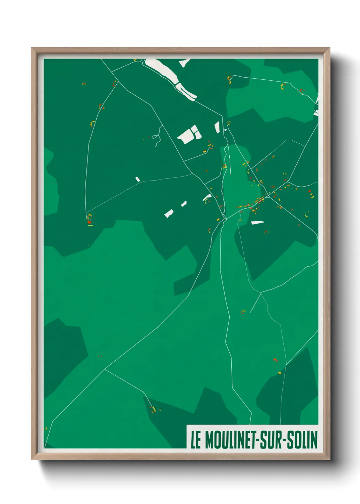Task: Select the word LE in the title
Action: pyautogui.click(x=196, y=440)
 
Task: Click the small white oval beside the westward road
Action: pyautogui.click(x=137, y=179)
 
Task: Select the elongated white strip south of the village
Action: pyautogui.click(x=258, y=223)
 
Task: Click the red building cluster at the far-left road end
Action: pyautogui.click(x=89, y=222)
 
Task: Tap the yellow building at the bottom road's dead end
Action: pyautogui.click(x=153, y=409)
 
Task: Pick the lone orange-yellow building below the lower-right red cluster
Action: pyautogui.click(x=280, y=373)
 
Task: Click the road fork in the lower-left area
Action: pyautogui.click(x=104, y=369)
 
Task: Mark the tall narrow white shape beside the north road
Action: pyautogui.click(x=217, y=127)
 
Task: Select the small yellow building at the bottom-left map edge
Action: pyautogui.click(x=46, y=428)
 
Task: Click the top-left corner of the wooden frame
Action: pyautogui.click(x=32, y=48)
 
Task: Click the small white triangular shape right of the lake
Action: pyautogui.click(x=185, y=62)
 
